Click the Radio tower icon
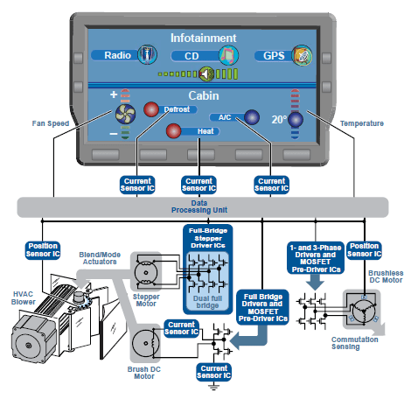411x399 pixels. click(147, 54)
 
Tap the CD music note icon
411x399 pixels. click(228, 55)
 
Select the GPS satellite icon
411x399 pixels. click(302, 55)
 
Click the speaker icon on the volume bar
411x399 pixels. click(206, 73)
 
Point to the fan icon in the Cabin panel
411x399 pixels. click(126, 114)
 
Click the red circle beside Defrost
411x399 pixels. click(151, 109)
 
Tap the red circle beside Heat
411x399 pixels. click(174, 130)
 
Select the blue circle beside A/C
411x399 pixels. click(252, 117)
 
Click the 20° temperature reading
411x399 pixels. click(279, 119)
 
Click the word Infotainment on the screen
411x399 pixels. click(204, 38)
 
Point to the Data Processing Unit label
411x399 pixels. click(199, 206)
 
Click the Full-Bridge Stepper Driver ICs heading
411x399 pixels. click(208, 238)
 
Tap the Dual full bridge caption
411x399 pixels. click(207, 302)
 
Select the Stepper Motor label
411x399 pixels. click(146, 300)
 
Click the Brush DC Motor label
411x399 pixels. click(144, 373)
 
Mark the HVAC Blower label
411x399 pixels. click(24, 297)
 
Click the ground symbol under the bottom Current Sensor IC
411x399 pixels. click(213, 388)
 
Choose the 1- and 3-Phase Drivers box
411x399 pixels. click(316, 258)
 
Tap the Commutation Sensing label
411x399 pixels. click(355, 343)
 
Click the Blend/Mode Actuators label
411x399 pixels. click(100, 258)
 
